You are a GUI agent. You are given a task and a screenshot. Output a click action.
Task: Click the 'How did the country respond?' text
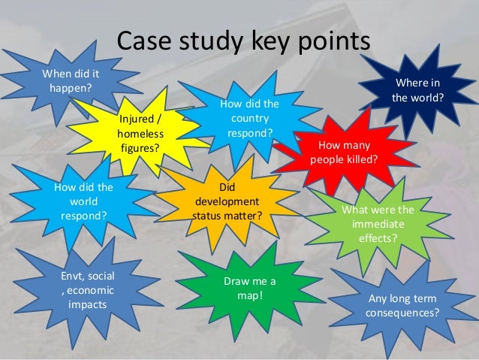250,119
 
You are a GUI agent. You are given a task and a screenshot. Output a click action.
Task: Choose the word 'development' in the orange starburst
227,201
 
